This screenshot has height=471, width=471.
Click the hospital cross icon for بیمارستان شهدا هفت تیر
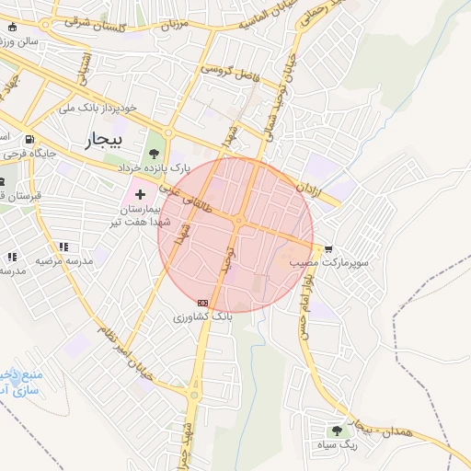coord(140,194)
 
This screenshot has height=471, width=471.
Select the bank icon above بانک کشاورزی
coord(202,303)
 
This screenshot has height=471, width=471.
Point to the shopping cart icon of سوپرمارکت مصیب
coord(328,249)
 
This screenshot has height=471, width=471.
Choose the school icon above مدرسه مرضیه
coord(63,247)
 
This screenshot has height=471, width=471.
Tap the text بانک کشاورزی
coord(203,316)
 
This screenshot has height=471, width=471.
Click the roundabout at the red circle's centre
coord(237,222)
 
